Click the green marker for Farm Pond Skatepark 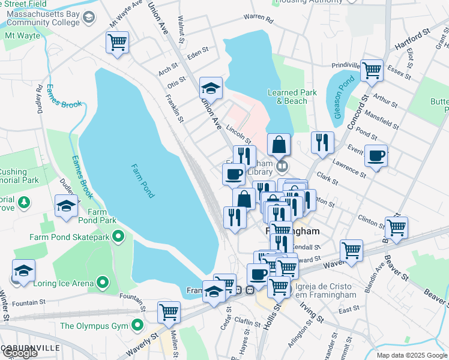click(119, 236)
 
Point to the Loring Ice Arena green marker click(103, 281)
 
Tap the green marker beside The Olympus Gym click(137, 326)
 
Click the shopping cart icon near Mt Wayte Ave click(117, 42)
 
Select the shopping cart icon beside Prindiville click(372, 70)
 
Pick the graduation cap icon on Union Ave click(211, 88)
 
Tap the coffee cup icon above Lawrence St click(376, 156)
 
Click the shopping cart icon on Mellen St click(169, 312)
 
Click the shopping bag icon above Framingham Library click(279, 144)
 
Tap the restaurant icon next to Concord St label click(322, 142)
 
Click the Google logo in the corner click(19, 352)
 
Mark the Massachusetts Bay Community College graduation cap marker click(89, 17)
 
